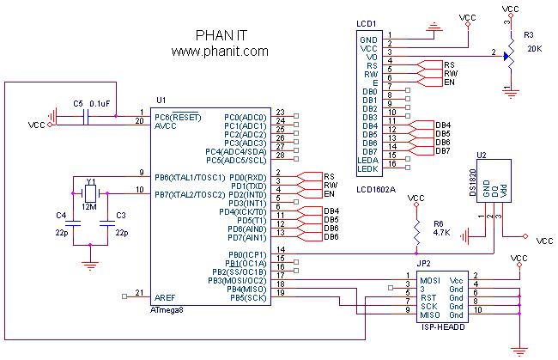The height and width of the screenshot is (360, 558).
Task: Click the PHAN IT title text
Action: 220,37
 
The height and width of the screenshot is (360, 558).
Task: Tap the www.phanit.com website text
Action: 220,52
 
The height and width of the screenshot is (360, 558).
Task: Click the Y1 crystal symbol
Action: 90,195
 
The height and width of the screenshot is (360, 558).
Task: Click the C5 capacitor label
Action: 78,103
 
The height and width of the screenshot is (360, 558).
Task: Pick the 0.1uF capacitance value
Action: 100,103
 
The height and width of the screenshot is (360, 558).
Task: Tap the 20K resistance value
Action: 534,49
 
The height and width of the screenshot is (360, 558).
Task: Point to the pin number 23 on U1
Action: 280,113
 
